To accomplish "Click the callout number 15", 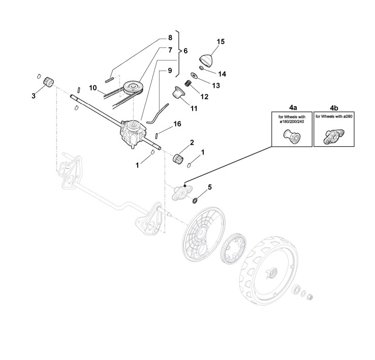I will (x=220, y=41).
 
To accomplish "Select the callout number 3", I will (x=34, y=95).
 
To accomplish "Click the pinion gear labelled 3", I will (x=49, y=81).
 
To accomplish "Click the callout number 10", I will (x=93, y=88).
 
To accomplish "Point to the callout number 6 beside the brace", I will (x=185, y=51).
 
